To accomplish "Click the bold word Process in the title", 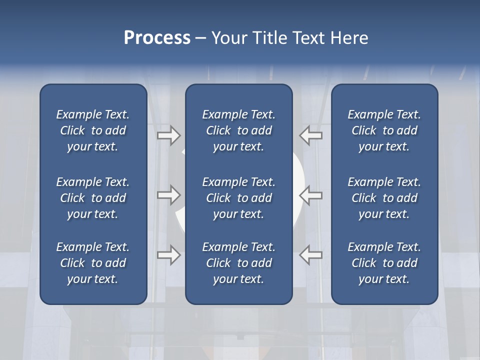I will click(157, 38).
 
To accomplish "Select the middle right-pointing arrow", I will click(168, 194).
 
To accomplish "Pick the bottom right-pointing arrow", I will click(168, 255).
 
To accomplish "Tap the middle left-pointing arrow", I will click(311, 194).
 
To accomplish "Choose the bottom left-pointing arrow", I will click(311, 255).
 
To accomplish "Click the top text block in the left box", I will click(93, 130).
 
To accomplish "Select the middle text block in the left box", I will click(93, 198).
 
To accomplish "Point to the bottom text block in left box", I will click(93, 263).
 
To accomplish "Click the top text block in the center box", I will click(238, 130).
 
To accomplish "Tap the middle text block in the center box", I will click(238, 198).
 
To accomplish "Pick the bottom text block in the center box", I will click(238, 263).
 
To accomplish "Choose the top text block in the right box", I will click(384, 130).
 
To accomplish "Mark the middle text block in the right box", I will click(384, 198).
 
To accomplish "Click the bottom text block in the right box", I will click(384, 263).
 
